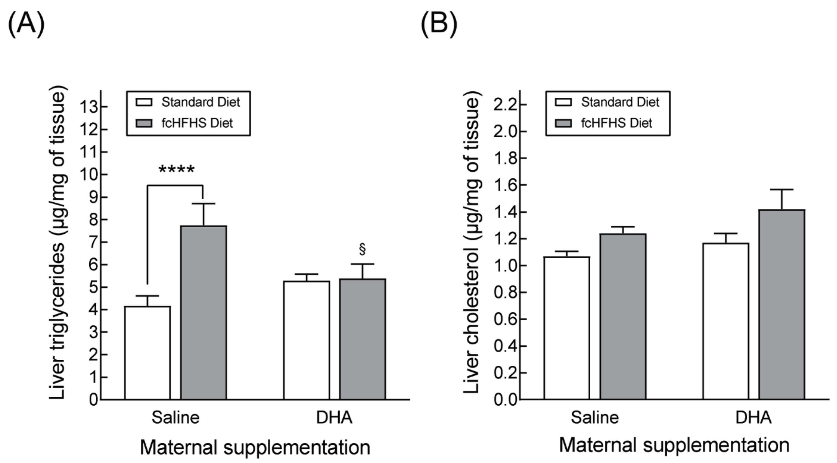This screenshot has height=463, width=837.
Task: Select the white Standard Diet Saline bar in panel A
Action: tap(147, 352)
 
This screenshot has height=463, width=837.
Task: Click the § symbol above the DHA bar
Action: tap(362, 249)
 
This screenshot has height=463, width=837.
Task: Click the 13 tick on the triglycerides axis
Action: tap(89, 107)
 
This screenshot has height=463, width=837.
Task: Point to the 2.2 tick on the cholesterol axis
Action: tap(505, 105)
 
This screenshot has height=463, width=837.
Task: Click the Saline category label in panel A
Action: tap(175, 418)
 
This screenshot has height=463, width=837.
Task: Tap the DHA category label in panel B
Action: tap(753, 418)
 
